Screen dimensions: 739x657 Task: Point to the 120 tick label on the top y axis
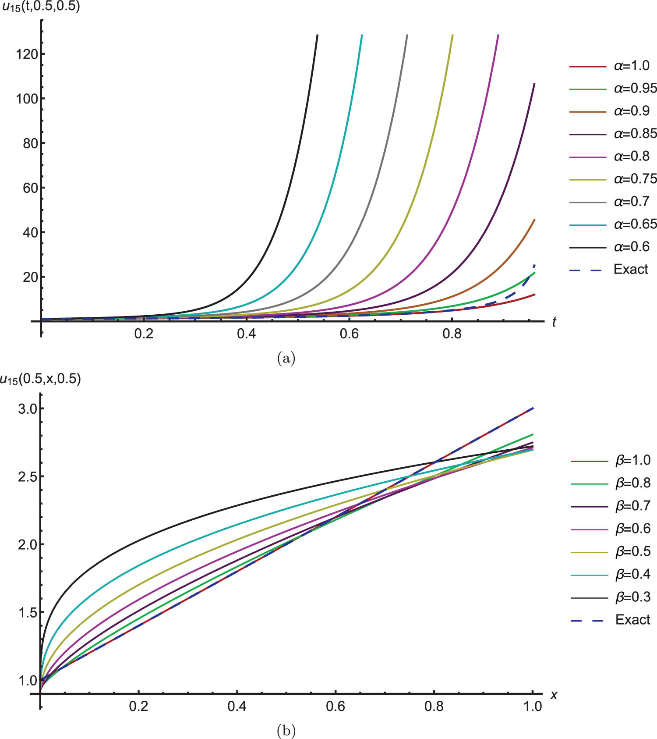point(27,54)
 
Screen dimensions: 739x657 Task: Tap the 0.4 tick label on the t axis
point(247,334)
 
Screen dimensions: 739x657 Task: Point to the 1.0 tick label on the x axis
point(533,706)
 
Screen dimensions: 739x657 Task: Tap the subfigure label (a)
point(286,359)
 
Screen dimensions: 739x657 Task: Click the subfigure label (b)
point(286,731)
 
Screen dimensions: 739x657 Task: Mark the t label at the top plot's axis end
point(554,322)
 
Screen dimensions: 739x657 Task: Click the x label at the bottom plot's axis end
point(554,695)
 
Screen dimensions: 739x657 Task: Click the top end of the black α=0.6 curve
point(317,35)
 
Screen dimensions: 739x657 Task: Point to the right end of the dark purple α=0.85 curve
point(534,84)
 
